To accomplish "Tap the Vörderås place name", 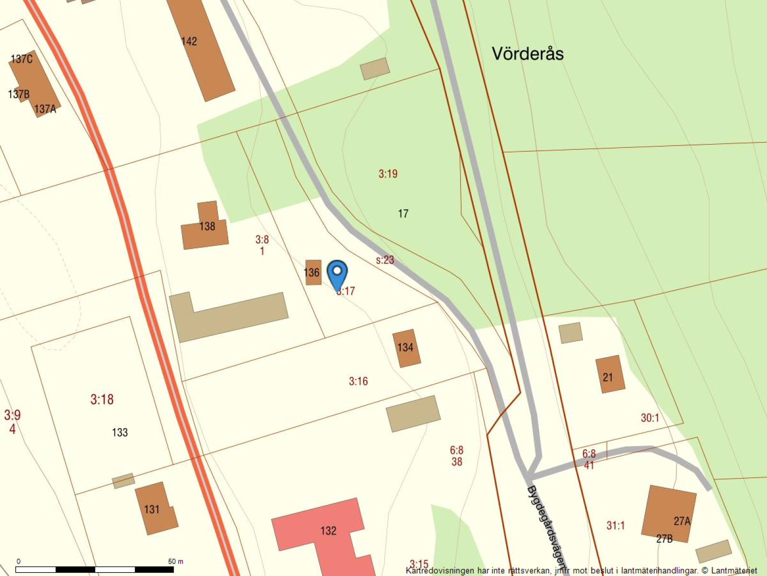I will (527, 53).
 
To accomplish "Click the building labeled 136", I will (313, 273).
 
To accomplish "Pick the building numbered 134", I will (406, 348).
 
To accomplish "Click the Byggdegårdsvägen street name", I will (546, 526).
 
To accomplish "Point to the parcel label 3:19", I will (388, 174).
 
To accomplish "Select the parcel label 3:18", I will (102, 399).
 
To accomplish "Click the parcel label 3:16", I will (358, 382).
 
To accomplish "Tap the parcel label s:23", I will (385, 260).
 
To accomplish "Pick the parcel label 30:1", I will (650, 418).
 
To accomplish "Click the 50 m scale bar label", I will (175, 561).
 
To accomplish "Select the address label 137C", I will (22, 59).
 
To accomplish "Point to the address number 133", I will (120, 432).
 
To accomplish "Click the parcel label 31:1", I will (616, 526).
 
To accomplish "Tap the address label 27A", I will (682, 521).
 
